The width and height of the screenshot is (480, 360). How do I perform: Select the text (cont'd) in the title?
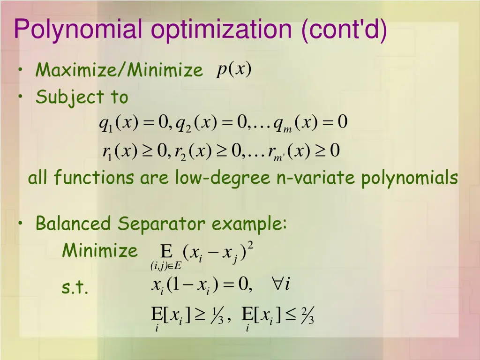(345, 29)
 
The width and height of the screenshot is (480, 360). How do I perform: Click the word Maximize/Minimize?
(120, 70)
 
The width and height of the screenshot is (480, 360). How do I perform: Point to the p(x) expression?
(234, 70)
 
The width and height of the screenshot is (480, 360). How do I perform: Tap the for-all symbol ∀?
(277, 284)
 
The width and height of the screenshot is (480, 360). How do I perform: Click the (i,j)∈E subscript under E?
(165, 267)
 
